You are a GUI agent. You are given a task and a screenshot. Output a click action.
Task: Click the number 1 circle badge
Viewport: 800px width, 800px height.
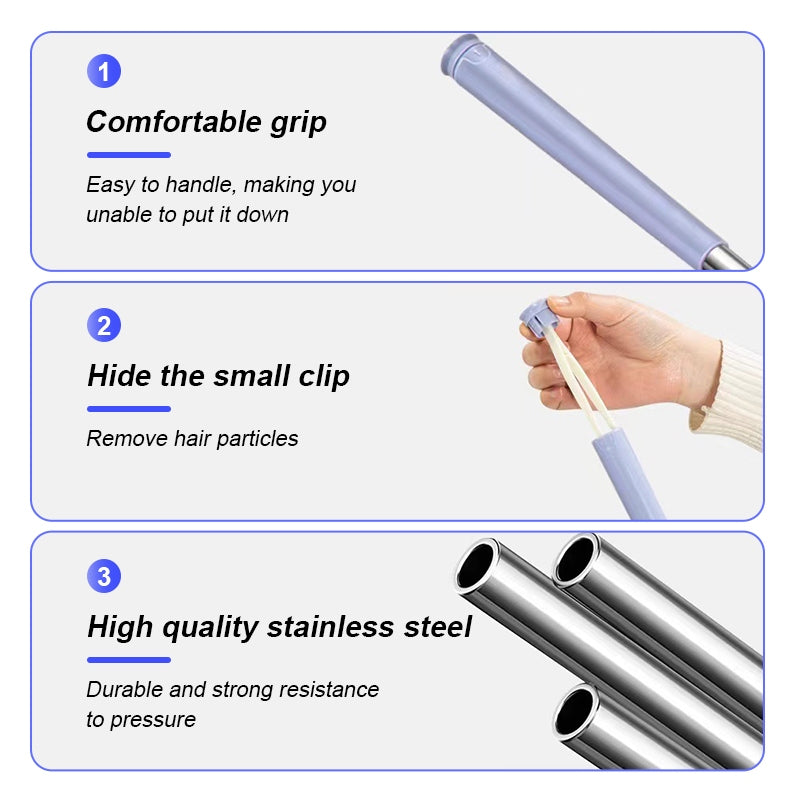point(104,71)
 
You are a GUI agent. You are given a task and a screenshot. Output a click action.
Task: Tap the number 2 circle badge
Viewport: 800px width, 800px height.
point(104,325)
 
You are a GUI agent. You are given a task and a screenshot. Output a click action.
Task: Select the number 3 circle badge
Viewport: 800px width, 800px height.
point(104,576)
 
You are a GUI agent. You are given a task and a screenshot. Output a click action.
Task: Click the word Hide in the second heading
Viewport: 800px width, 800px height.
point(116,376)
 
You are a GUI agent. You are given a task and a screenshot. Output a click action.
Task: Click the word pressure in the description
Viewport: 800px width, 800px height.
point(155,720)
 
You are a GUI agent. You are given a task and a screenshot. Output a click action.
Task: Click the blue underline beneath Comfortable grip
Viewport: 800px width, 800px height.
point(129,155)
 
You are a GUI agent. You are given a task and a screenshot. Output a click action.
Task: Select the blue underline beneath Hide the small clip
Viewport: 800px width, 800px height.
point(129,408)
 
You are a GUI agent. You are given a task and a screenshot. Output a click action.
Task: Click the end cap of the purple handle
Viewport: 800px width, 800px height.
point(464,55)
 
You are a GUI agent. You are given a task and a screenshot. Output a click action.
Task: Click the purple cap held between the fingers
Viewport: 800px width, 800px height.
point(537,318)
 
